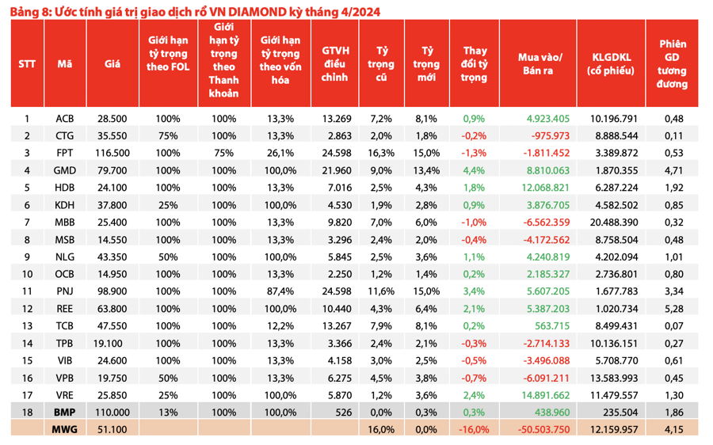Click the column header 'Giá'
(x=112, y=64)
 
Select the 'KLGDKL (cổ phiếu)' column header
(x=611, y=64)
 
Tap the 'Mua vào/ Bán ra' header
(x=539, y=64)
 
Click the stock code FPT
(x=65, y=153)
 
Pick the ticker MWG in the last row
(x=65, y=429)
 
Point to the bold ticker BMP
(x=65, y=413)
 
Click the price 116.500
(x=112, y=153)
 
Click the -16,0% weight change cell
(x=474, y=429)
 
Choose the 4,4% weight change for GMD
(x=474, y=170)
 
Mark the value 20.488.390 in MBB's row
(x=611, y=222)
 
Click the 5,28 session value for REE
(x=673, y=309)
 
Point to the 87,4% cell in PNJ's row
(x=280, y=291)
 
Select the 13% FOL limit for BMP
(x=168, y=413)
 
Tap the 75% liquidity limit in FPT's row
(x=223, y=153)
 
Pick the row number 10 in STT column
(x=27, y=274)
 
